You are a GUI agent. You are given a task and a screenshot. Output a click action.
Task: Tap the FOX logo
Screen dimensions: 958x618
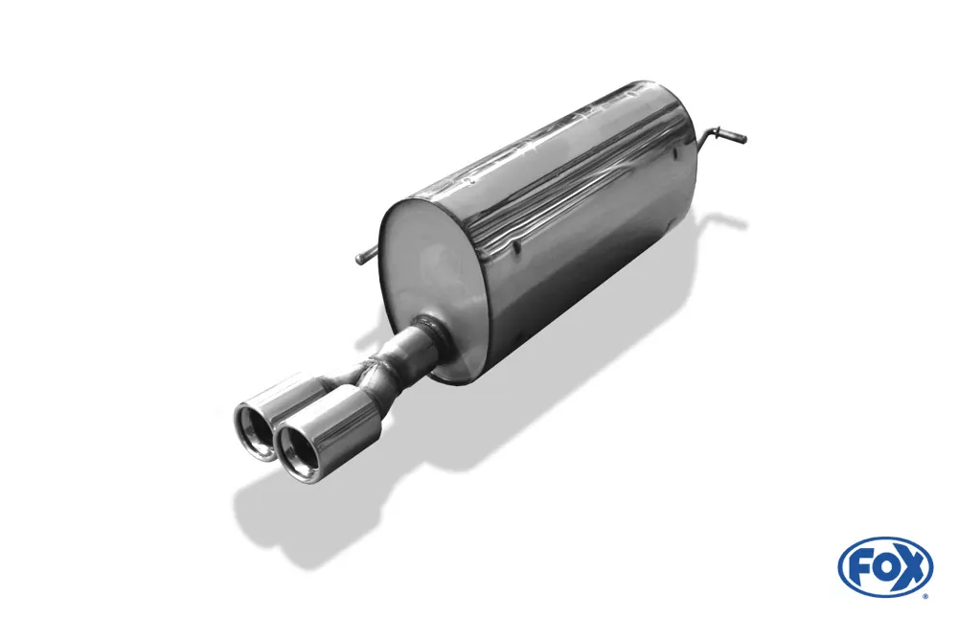(x=885, y=566)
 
